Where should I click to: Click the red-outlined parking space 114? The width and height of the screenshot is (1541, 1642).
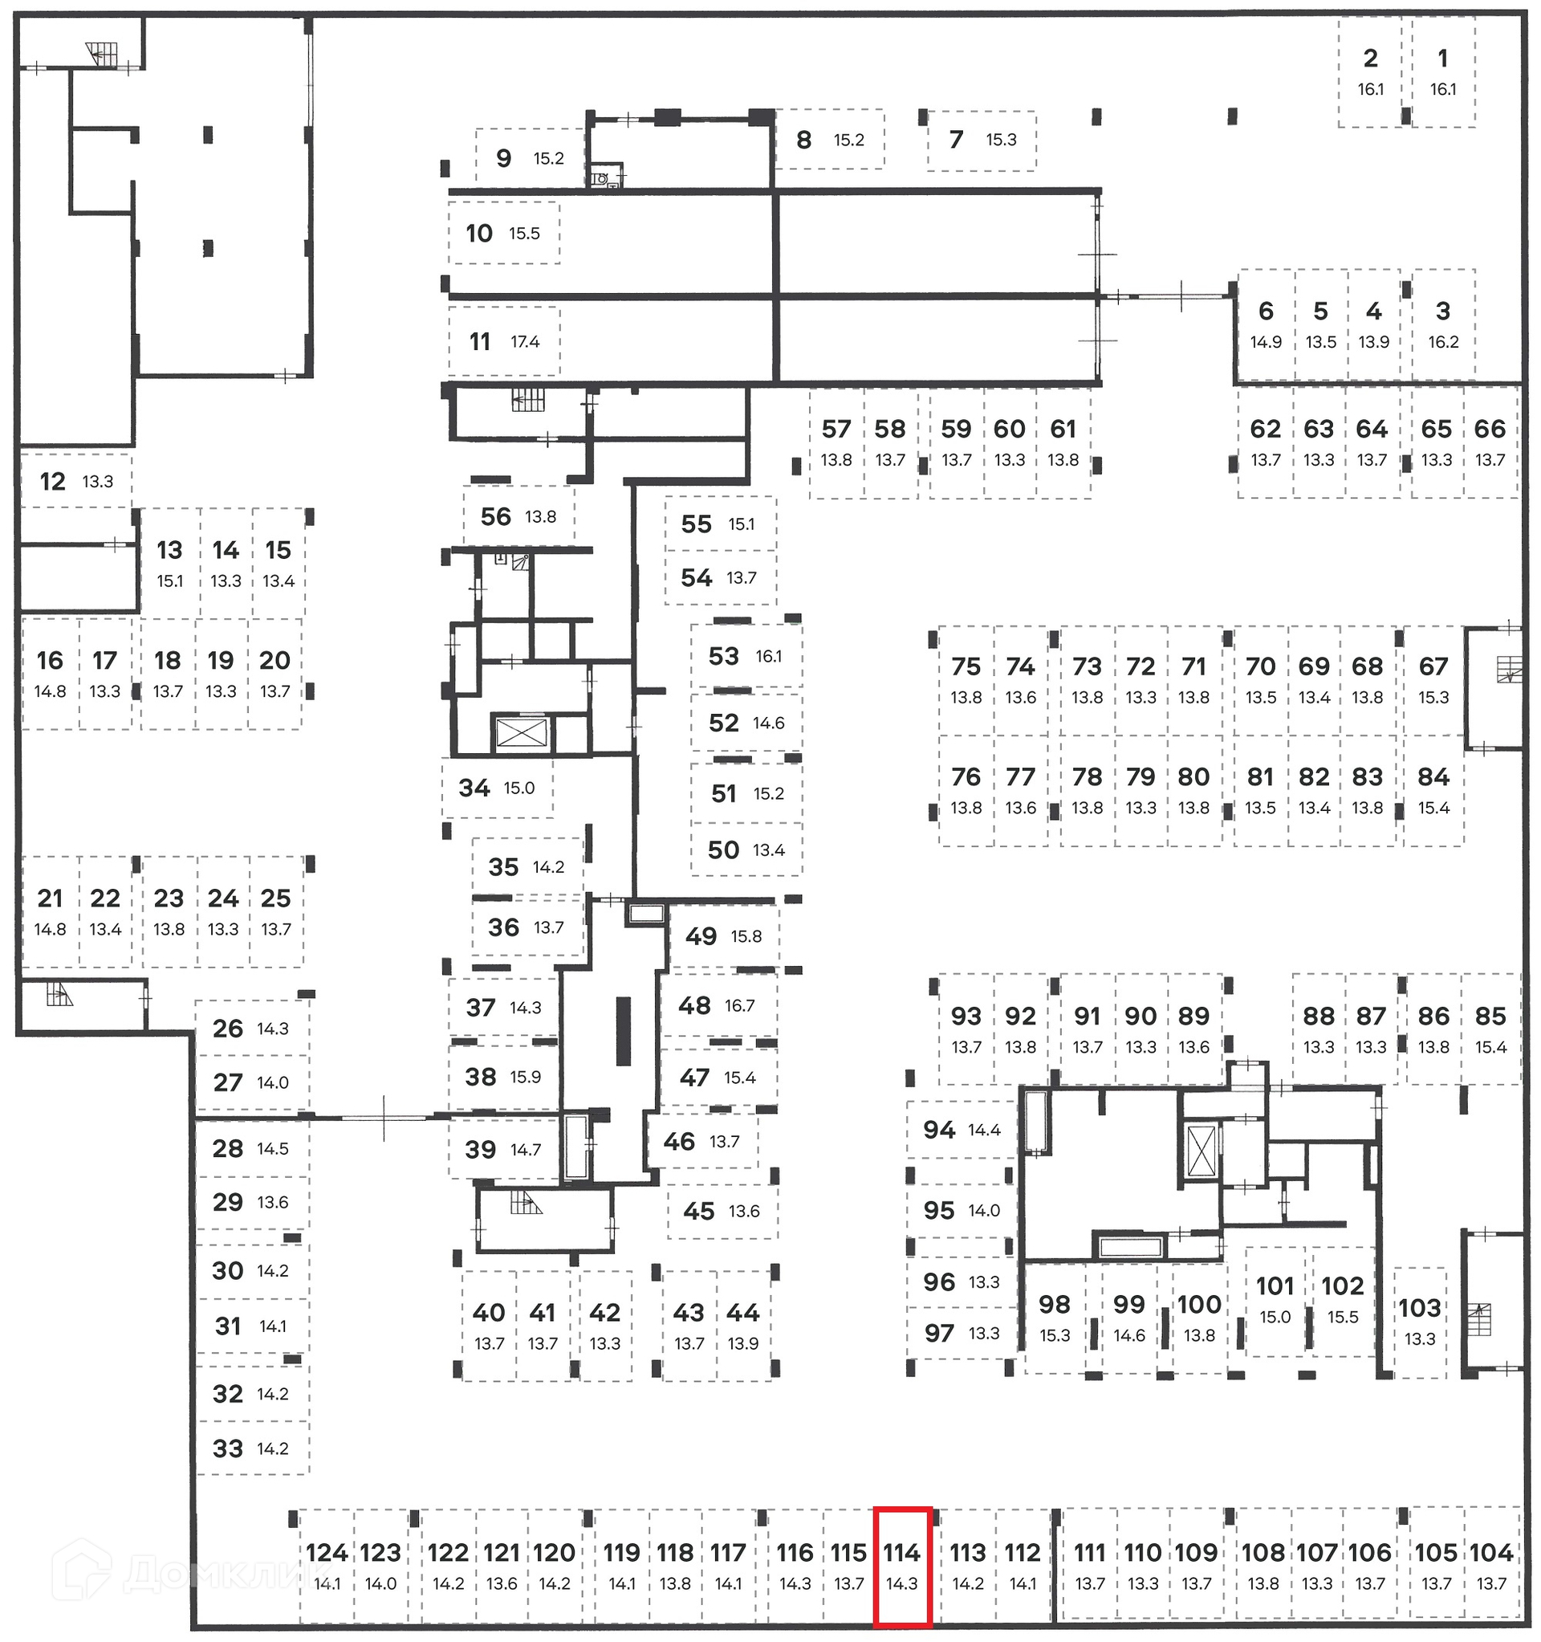903,1568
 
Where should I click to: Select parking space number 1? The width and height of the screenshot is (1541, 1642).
1443,73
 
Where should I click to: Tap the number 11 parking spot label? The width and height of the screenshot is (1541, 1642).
480,341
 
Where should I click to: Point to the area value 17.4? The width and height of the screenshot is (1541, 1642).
525,342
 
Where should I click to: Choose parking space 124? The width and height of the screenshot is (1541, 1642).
327,1567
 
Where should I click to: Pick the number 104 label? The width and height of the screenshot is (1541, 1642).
1490,1554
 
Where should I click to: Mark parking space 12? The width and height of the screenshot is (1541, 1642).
75,481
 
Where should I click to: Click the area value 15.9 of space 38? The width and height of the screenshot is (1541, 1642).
525,1077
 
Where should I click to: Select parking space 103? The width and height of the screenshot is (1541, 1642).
1420,1320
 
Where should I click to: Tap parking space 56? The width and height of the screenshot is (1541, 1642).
518,517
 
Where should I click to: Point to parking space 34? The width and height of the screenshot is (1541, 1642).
496,788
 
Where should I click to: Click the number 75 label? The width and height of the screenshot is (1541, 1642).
966,666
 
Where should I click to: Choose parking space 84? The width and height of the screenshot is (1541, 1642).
1433,790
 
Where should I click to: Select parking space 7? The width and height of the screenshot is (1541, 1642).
981,140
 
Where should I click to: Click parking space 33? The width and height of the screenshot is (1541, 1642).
251,1448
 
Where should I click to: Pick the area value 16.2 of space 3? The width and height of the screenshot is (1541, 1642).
1443,342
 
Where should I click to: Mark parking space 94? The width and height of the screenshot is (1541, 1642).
961,1130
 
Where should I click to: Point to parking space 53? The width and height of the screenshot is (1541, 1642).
745,657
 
